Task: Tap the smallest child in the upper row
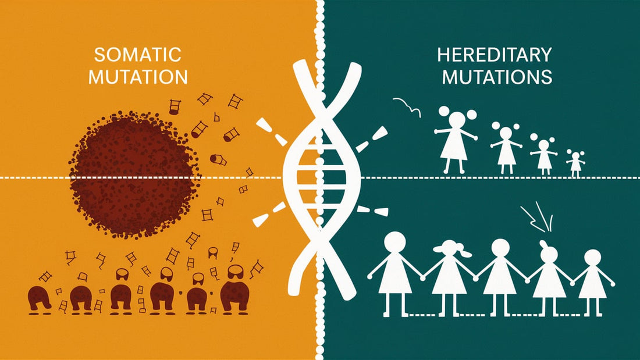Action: coord(575,163)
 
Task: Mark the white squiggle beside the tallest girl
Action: coord(406,105)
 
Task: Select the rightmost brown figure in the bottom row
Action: coord(234,291)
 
